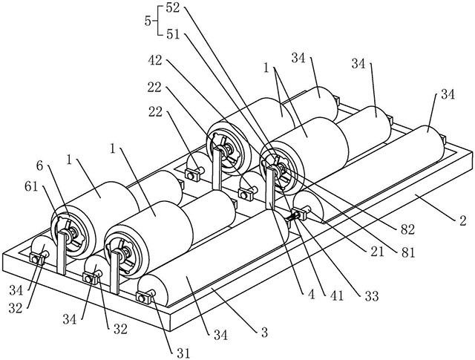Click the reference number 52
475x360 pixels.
173,8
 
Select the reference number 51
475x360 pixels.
173,35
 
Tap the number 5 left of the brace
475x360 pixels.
148,22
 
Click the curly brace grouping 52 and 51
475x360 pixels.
158,22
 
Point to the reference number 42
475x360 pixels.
155,61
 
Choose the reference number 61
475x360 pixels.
31,186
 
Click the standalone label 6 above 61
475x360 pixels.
39,166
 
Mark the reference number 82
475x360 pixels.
407,229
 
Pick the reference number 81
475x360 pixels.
407,252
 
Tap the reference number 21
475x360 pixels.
377,252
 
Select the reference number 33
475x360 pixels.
372,296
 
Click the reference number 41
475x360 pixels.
337,295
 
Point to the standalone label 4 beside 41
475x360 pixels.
311,294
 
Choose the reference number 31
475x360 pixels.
183,353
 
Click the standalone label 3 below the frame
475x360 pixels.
264,333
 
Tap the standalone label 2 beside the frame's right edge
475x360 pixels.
462,220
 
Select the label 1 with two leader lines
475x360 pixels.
266,68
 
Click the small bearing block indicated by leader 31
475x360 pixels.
143,298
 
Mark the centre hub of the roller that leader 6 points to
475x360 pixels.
72,235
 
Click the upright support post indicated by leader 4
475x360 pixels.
270,188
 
